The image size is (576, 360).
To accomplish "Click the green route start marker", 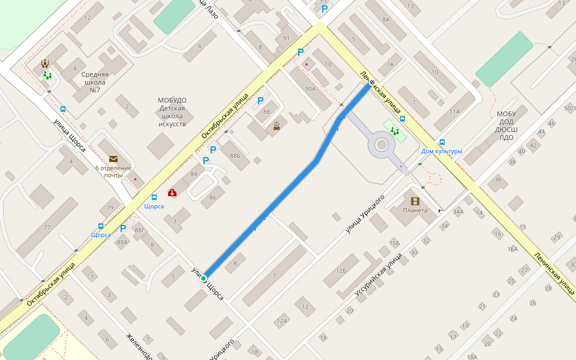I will [203, 278].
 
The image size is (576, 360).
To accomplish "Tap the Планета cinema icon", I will [415, 201].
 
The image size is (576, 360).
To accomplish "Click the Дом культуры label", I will [442, 151].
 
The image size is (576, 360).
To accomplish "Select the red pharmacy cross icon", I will [172, 193].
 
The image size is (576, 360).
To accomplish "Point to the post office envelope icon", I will [113, 159].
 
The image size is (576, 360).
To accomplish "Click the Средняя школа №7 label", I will [94, 82].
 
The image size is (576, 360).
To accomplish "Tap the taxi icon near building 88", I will [277, 126].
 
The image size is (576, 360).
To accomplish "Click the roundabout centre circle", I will [382, 144].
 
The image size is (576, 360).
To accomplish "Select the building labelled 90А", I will [310, 89].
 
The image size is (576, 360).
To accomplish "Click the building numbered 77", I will [47, 227].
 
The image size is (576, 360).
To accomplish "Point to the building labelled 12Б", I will [341, 271].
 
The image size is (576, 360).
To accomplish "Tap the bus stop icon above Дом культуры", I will [442, 142].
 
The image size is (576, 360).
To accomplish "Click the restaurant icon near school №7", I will [44, 63].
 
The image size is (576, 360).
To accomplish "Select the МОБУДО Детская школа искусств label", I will [172, 112].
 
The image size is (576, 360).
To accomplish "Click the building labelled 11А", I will [454, 112].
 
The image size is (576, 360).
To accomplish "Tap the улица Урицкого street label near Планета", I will [365, 214].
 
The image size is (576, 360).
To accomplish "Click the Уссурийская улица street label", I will [379, 275].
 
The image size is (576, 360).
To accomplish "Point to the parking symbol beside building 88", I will [260, 101].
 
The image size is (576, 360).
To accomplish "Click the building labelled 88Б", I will [235, 155].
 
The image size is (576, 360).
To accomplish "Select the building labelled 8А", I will [385, 20].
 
